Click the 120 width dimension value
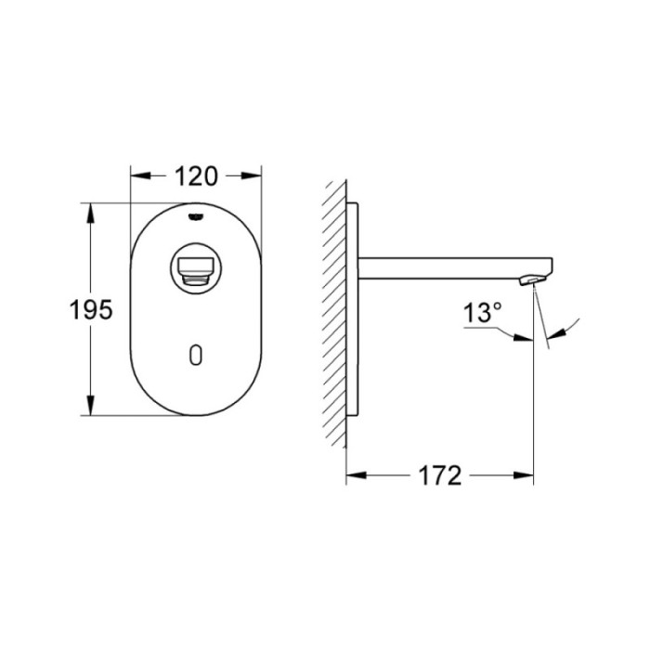tap(194, 175)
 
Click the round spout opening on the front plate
tap(194, 270)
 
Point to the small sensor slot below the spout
tap(194, 354)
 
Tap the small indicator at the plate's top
tap(194, 216)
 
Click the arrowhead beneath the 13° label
tap(526, 340)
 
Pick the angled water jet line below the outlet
tap(542, 320)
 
